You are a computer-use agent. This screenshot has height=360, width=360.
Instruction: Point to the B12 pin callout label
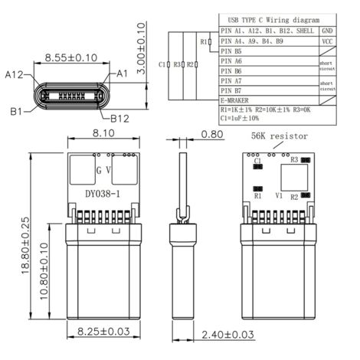click(x=121, y=119)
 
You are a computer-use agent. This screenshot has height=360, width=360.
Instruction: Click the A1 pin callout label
click(x=122, y=74)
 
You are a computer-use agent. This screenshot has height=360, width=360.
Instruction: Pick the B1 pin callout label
click(x=15, y=112)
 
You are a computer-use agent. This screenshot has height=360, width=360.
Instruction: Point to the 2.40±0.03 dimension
click(x=227, y=335)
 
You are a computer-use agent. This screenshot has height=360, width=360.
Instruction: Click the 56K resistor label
click(x=279, y=136)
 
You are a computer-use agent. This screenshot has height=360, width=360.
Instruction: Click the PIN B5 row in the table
click(x=231, y=50)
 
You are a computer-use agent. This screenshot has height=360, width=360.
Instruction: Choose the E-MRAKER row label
click(x=239, y=100)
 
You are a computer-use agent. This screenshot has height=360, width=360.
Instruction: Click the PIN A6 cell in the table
click(x=231, y=61)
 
